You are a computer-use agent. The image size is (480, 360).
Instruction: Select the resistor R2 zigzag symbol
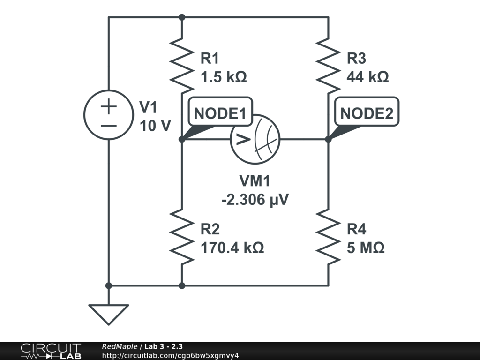point(182,236)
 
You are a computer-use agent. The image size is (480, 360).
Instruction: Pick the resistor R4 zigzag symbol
point(328,236)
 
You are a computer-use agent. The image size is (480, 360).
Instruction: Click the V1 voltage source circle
point(108,114)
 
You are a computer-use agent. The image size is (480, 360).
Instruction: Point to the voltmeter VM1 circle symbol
point(255,139)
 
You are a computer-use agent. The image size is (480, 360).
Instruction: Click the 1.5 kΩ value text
point(223,77)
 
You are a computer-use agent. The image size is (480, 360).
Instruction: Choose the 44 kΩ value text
point(367,77)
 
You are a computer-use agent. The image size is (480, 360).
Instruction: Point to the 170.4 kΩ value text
point(232,247)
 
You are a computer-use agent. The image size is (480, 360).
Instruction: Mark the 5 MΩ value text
point(366,247)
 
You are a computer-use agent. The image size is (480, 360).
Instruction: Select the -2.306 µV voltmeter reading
point(255,200)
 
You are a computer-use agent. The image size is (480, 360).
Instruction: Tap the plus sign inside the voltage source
point(108,107)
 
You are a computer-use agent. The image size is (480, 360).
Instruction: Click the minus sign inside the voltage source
point(108,126)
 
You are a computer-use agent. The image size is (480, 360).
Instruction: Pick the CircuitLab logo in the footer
point(51,351)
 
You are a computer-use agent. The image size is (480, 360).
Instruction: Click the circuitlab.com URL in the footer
point(170,355)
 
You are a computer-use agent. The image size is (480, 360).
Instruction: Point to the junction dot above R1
point(182,17)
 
